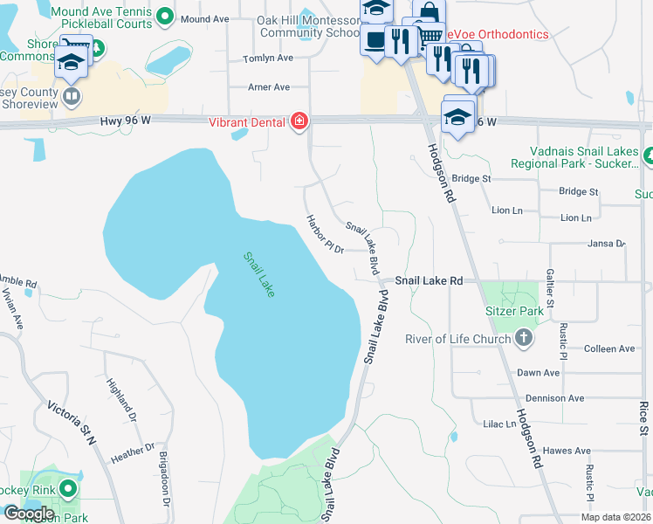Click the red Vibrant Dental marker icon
click(299, 120)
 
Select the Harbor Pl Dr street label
click(325, 233)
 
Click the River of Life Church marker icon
click(523, 338)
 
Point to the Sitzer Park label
click(514, 311)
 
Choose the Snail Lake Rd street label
click(429, 281)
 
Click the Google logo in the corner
click(29, 514)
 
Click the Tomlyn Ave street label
click(269, 58)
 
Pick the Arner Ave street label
click(269, 87)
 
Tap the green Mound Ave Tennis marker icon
click(162, 16)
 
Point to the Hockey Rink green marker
click(67, 488)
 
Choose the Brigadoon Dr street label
click(163, 475)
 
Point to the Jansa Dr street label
click(608, 244)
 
